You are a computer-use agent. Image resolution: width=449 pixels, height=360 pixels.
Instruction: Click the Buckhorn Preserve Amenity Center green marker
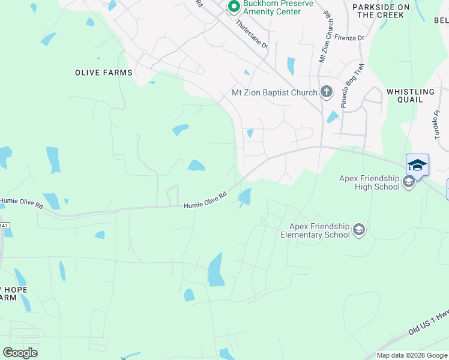tap(232, 7)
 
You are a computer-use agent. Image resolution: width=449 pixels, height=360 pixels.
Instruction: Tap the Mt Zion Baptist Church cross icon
tap(326, 92)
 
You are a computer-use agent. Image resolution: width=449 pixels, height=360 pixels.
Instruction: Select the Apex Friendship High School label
tap(369, 182)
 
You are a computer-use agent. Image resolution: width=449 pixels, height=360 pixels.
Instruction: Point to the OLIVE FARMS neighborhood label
tap(103, 73)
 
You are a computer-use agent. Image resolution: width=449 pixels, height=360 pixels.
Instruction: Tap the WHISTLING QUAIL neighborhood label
tap(410, 96)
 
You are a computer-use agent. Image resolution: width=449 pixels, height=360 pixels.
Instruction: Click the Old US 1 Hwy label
tap(428, 325)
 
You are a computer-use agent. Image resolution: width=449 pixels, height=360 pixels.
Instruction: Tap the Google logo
tap(20, 353)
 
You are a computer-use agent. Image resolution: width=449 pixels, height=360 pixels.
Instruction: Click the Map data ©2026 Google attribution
tap(412, 355)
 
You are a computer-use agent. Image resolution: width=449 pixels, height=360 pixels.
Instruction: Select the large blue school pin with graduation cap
tap(417, 164)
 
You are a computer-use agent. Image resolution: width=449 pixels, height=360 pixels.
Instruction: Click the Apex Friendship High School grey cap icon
tap(409, 182)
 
